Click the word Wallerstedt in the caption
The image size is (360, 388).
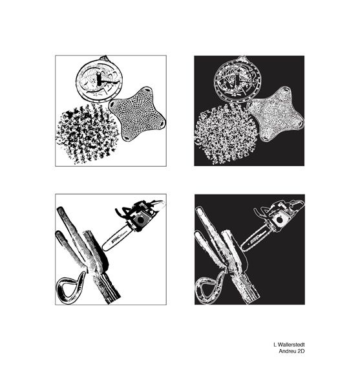click(291, 345)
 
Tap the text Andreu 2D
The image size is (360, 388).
click(291, 351)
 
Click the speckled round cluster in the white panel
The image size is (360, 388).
click(87, 134)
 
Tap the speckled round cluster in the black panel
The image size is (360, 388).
click(226, 134)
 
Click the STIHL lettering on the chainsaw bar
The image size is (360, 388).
click(116, 239)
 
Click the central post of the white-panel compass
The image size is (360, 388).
click(99, 79)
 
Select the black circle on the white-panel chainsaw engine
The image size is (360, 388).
click(140, 219)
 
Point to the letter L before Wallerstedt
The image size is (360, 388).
click(275, 345)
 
